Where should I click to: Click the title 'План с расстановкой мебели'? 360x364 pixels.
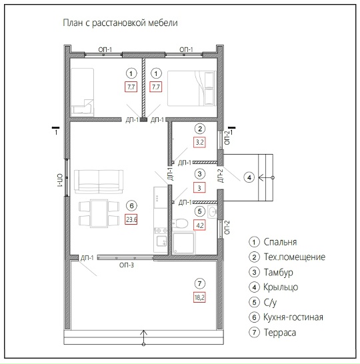pyautogui.click(x=120, y=23)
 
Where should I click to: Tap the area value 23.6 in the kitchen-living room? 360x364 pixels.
pyautogui.click(x=131, y=219)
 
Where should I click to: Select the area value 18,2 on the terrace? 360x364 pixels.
pyautogui.click(x=199, y=297)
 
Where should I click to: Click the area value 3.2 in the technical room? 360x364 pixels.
pyautogui.click(x=199, y=142)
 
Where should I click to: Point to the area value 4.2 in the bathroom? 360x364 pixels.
pyautogui.click(x=199, y=225)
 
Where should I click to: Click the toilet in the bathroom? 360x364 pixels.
pyautogui.click(x=180, y=223)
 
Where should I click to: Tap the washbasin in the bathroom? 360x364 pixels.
pyautogui.click(x=213, y=212)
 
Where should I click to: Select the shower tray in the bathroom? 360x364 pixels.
pyautogui.click(x=183, y=243)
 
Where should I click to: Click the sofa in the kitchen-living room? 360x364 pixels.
pyautogui.click(x=99, y=182)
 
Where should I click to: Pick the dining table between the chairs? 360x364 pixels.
pyautogui.click(x=99, y=213)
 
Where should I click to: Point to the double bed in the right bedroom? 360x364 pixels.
pyautogui.click(x=192, y=89)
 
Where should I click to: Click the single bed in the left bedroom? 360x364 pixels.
pyautogui.click(x=83, y=92)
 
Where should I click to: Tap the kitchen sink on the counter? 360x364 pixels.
pyautogui.click(x=161, y=241)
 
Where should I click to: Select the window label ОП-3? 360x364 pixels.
pyautogui.click(x=127, y=265)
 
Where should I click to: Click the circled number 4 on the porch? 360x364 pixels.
pyautogui.click(x=249, y=177)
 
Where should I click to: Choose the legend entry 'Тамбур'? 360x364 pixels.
pyautogui.click(x=278, y=272)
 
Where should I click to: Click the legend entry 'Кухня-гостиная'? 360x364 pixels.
pyautogui.click(x=293, y=317)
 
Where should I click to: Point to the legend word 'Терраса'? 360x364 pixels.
pyautogui.click(x=280, y=333)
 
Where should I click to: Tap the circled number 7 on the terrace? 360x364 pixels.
pyautogui.click(x=199, y=283)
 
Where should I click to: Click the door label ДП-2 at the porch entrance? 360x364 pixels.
pyautogui.click(x=220, y=176)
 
